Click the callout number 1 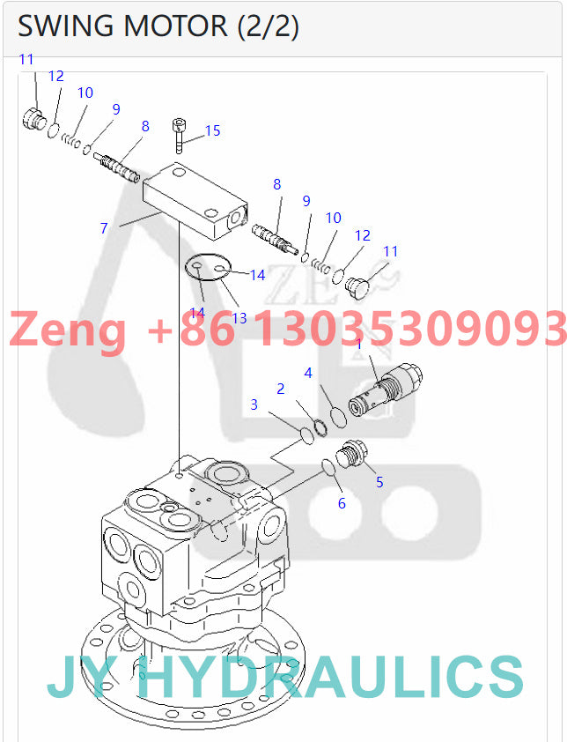[x=358, y=344]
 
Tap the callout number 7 [x=104, y=228]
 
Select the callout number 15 [x=213, y=131]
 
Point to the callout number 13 [x=239, y=317]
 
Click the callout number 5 [x=379, y=482]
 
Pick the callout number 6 [x=342, y=503]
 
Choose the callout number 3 [x=254, y=404]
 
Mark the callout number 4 [x=308, y=373]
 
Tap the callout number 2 [x=281, y=389]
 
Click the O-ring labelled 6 [x=328, y=467]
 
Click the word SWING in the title [x=65, y=27]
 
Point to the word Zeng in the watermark [x=67, y=330]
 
